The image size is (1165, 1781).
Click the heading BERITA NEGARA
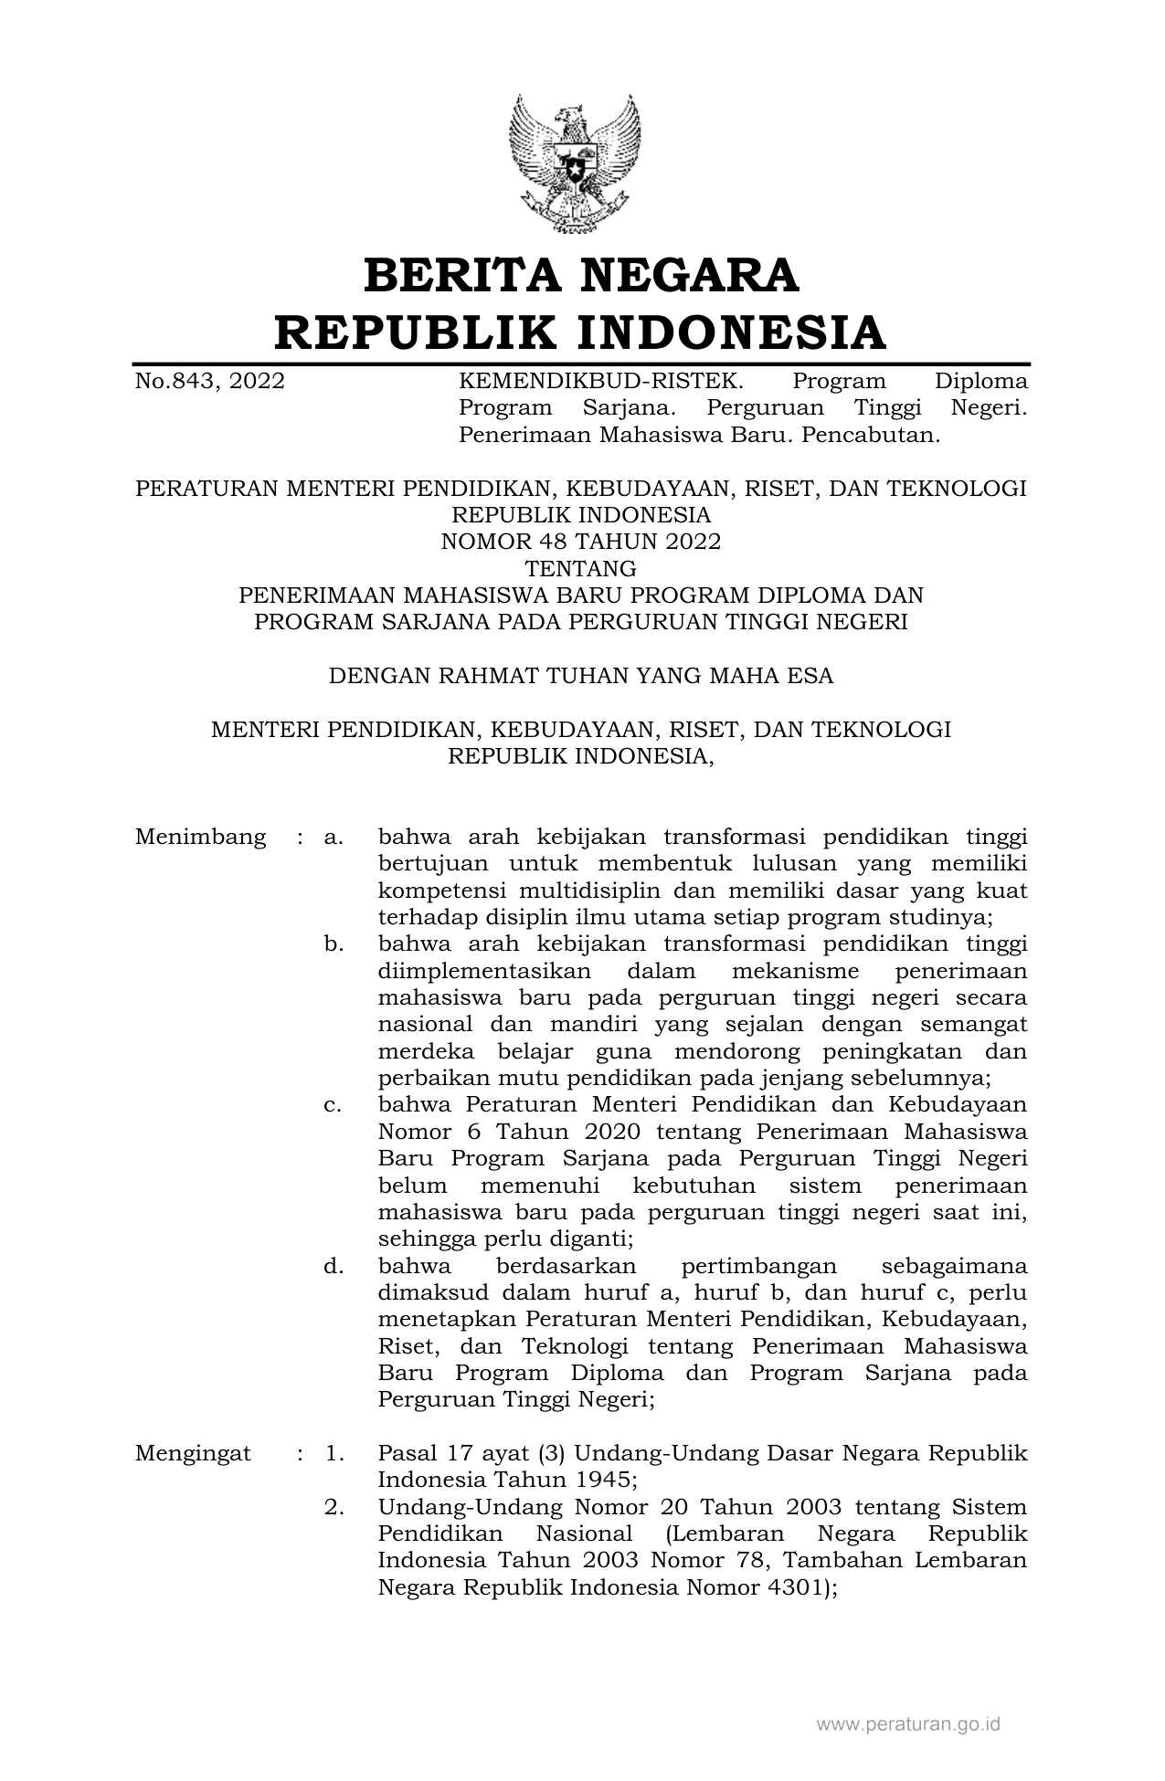(581, 276)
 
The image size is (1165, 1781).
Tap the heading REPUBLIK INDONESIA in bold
(581, 332)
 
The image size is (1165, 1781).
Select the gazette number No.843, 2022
(209, 381)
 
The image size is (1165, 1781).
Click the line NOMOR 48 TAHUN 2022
(581, 542)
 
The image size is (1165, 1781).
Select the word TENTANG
(581, 569)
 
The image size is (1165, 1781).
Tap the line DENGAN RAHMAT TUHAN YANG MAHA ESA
(581, 676)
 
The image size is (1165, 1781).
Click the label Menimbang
(200, 837)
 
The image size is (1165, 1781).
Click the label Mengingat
(193, 1454)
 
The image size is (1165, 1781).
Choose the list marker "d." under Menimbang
(334, 1266)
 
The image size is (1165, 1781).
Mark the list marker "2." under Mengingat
(334, 1507)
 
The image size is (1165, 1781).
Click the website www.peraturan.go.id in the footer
(907, 1724)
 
